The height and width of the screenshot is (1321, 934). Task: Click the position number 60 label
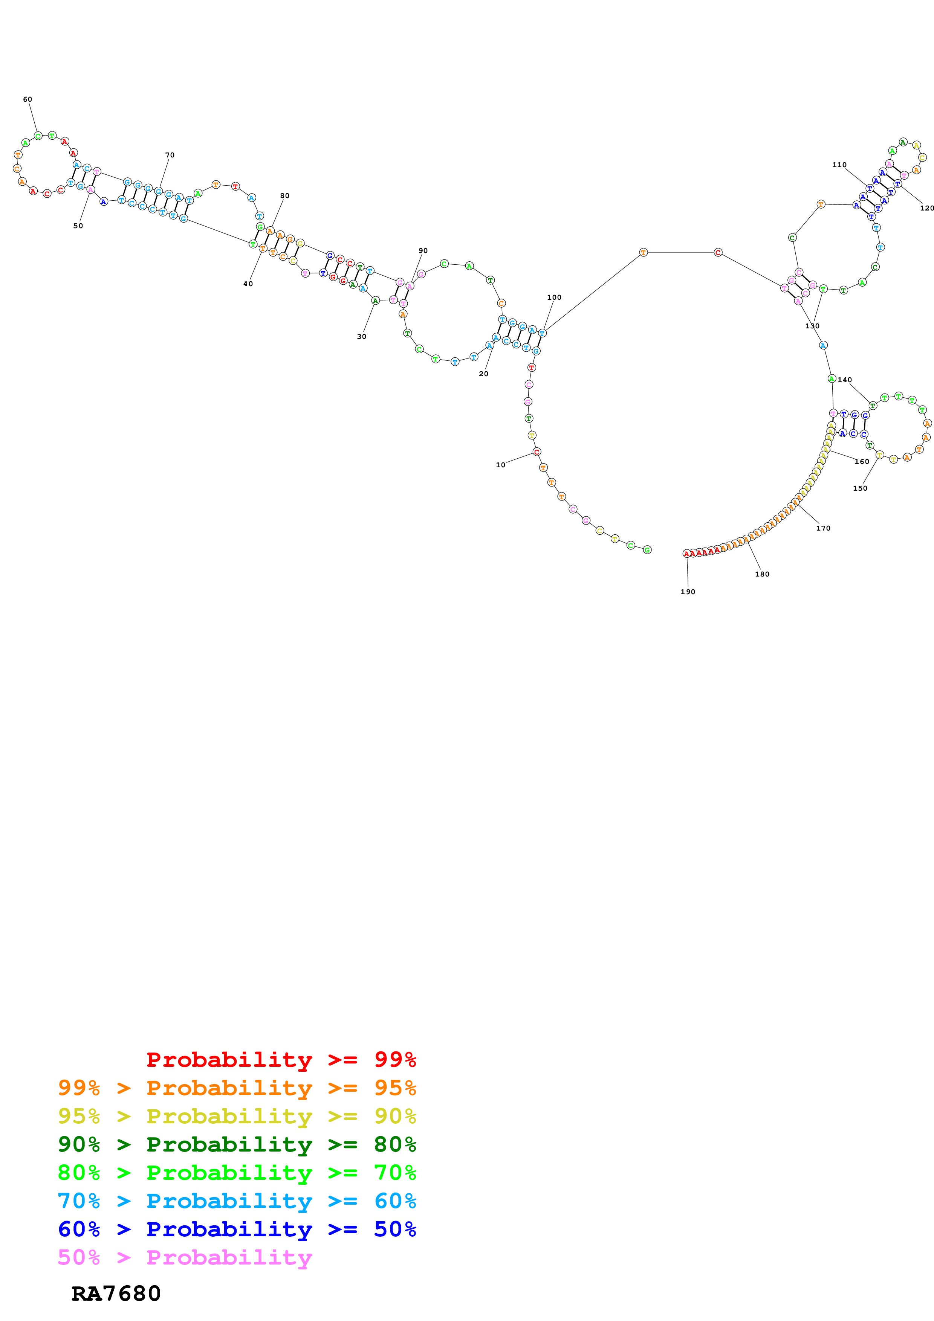(x=28, y=99)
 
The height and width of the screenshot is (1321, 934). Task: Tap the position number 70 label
(x=170, y=156)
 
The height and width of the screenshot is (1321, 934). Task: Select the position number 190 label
(x=688, y=592)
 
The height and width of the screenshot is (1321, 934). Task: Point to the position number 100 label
(x=554, y=297)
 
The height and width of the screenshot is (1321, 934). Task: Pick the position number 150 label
(x=860, y=488)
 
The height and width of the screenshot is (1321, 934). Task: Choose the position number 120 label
(x=926, y=208)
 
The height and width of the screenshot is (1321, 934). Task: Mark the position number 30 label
(x=361, y=337)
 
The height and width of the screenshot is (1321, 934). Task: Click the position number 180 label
(x=762, y=574)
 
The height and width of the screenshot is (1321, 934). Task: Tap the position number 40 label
(x=248, y=284)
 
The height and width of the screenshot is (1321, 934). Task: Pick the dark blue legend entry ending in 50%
(x=237, y=1229)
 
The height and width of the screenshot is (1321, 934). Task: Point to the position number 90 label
(x=423, y=251)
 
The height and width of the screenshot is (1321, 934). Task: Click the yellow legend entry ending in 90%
(x=237, y=1116)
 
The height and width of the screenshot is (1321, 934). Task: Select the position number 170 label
(x=823, y=528)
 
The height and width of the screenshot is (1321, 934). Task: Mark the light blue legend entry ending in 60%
(x=237, y=1201)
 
